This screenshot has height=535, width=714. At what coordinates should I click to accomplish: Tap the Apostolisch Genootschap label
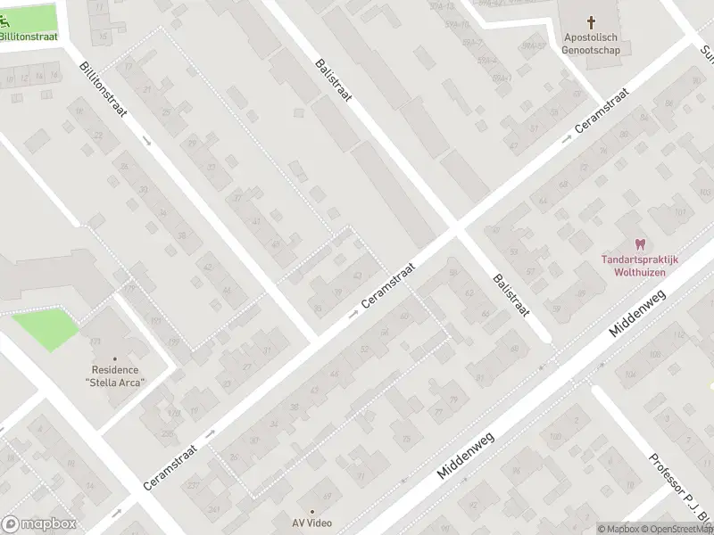tap(592, 43)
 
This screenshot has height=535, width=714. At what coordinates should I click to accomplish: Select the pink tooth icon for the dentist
tap(639, 243)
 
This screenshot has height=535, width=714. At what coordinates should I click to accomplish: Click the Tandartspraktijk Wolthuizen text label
tap(639, 265)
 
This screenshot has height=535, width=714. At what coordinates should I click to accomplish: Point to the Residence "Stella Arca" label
tap(115, 376)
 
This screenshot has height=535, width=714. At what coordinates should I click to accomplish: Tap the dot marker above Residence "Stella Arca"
tap(114, 358)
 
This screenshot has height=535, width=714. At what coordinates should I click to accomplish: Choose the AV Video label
tap(311, 523)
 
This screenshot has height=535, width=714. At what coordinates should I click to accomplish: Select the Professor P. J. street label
tap(681, 490)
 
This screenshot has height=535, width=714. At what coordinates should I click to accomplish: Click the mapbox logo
tap(38, 524)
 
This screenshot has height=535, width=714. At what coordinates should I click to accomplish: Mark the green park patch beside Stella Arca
tap(46, 327)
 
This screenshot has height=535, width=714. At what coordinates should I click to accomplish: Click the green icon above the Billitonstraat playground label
tap(18, 21)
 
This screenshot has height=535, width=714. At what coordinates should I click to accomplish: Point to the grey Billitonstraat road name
tap(104, 92)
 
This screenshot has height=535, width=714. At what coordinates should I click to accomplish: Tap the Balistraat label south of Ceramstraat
tap(511, 296)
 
